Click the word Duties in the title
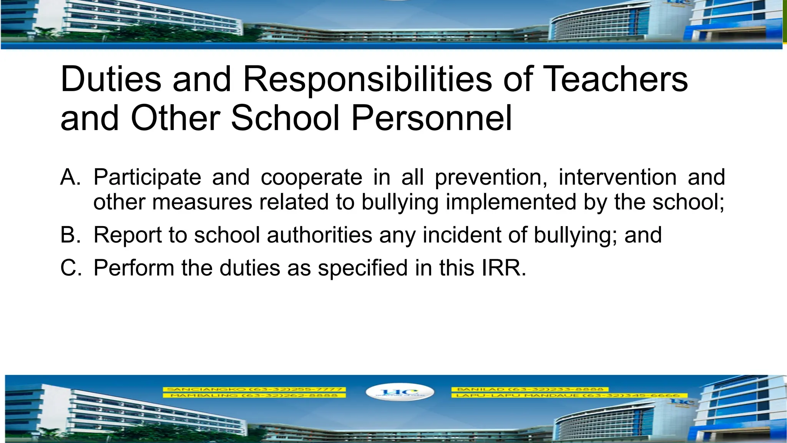point(111,79)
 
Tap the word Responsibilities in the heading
point(367,79)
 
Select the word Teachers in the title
point(616,79)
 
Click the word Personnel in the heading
point(431,118)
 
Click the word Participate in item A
point(147,177)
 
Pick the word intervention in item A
point(617,177)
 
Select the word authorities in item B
point(320,235)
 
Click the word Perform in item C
point(134,268)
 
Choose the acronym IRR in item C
point(503,268)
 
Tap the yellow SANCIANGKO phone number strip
point(254,389)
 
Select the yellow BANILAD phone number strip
point(530,389)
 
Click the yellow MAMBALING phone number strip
point(254,395)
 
